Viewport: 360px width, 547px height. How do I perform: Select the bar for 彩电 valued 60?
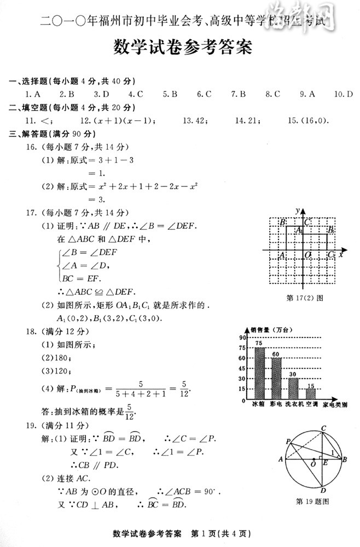point(276,379)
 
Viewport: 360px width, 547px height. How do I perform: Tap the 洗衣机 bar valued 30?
point(294,388)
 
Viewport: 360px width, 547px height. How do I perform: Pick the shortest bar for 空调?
point(311,394)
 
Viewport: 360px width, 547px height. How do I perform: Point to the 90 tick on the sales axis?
point(243,337)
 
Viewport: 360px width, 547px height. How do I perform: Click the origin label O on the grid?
point(308,255)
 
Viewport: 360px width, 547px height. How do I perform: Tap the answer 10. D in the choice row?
point(343,94)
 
